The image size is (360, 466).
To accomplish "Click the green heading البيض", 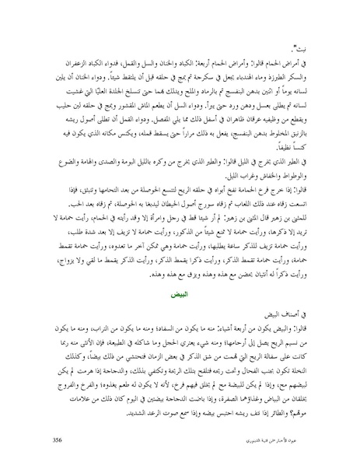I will (x=180, y=275).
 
